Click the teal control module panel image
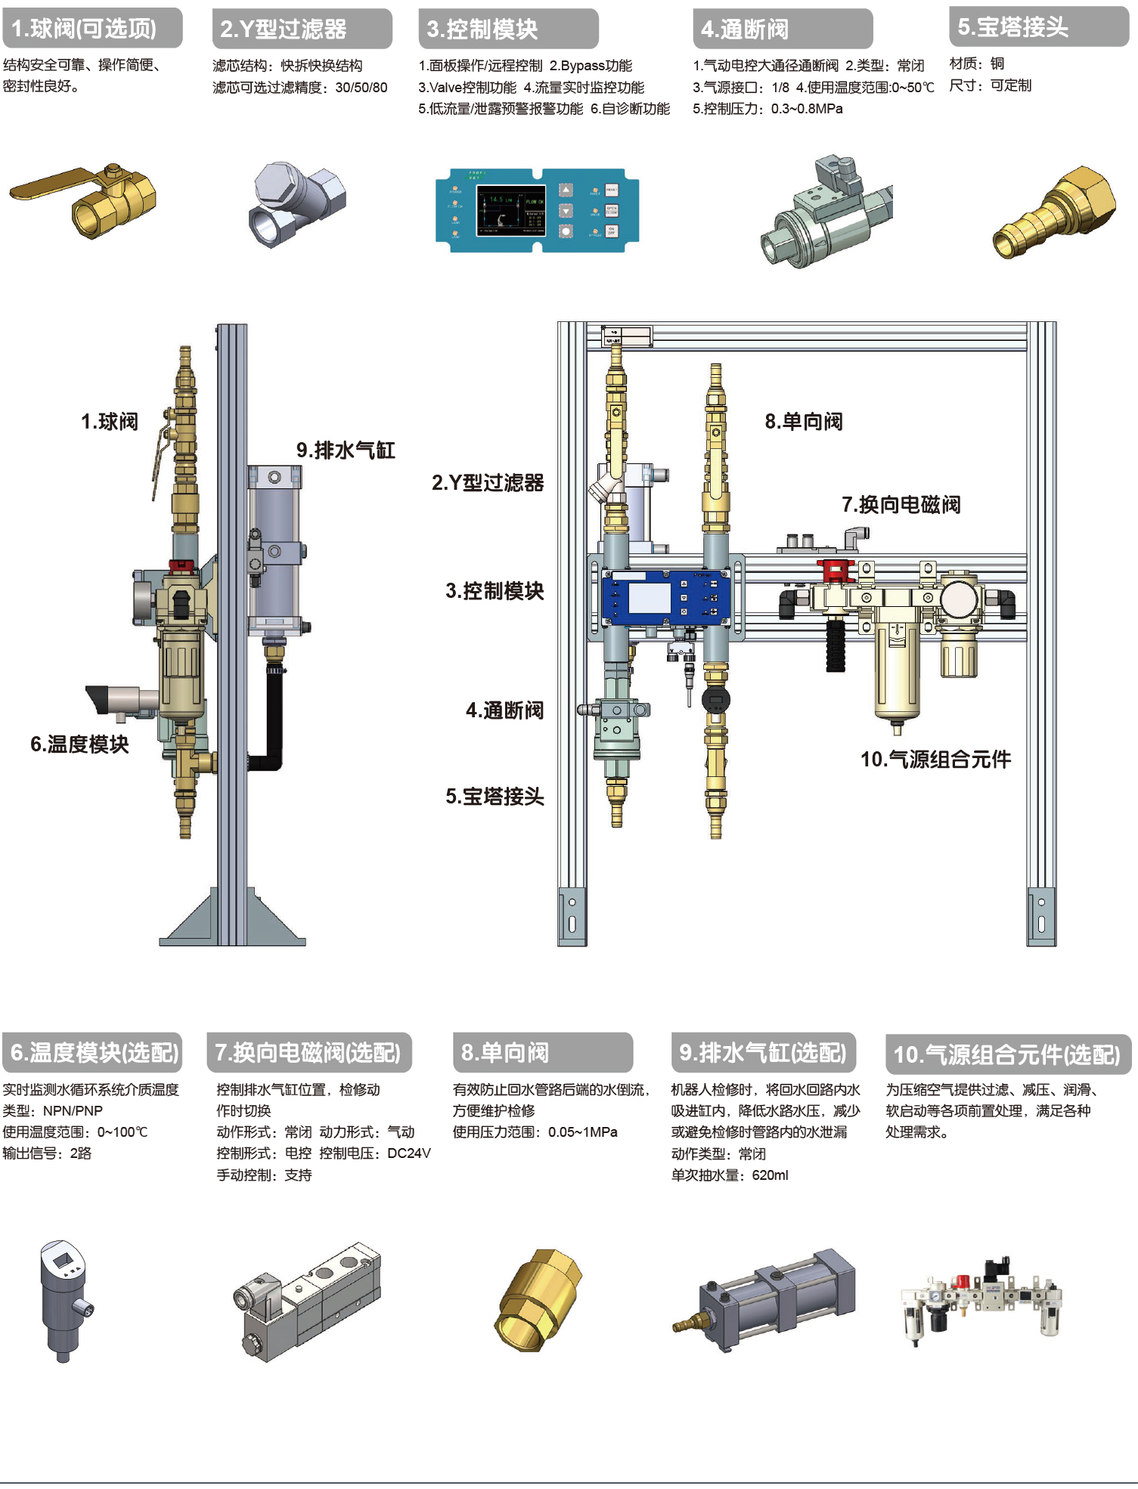[x=537, y=210]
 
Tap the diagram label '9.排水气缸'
[x=346, y=450]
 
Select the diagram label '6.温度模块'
[x=79, y=744]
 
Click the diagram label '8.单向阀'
[x=803, y=422]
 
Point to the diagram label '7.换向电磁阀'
[x=901, y=505]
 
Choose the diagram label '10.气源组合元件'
[x=935, y=760]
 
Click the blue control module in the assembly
[x=666, y=598]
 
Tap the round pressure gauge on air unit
[x=960, y=599]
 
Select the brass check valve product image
[x=538, y=1301]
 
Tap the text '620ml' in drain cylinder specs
[x=770, y=1175]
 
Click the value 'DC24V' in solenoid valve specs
[x=408, y=1153]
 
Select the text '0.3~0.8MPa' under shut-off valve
[x=807, y=109]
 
